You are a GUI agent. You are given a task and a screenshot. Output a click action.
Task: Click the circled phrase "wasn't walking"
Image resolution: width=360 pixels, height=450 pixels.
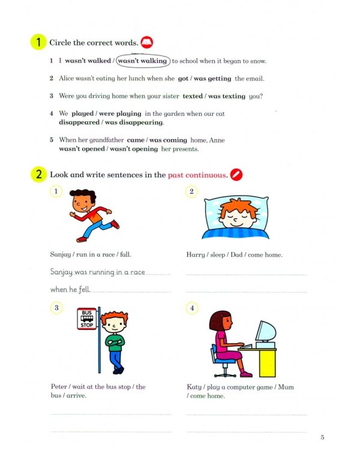[x=143, y=61]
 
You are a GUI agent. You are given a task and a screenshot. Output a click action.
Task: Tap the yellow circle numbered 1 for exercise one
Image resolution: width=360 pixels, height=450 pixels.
[x=38, y=43]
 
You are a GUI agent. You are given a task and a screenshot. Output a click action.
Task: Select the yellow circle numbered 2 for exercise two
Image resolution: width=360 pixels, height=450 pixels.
[x=38, y=175]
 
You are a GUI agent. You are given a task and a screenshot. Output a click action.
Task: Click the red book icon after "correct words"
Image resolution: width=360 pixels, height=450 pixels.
[x=146, y=43]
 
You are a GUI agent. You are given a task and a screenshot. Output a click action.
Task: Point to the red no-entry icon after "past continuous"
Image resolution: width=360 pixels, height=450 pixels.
[x=236, y=175]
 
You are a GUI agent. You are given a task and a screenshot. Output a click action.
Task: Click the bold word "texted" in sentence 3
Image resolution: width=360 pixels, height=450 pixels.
[x=193, y=96]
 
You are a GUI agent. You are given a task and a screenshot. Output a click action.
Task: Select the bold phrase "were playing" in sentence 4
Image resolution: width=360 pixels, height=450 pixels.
[x=120, y=113]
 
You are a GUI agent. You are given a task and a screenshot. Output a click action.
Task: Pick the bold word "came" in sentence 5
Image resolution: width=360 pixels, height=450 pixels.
[x=136, y=140]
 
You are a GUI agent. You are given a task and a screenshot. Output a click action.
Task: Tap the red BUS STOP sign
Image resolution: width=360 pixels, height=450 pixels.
[x=86, y=319]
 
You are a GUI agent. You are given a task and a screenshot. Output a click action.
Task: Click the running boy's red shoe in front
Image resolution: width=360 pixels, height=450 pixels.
[x=115, y=224]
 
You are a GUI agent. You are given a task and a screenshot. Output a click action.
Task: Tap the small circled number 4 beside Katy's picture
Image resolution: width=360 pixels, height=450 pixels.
[x=192, y=308]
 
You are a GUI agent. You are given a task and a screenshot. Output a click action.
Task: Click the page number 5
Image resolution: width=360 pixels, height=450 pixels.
[x=322, y=437]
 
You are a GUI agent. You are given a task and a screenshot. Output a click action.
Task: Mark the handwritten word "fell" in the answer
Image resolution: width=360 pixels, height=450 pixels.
[x=83, y=290]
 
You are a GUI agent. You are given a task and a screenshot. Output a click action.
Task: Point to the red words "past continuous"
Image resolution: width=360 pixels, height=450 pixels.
[x=197, y=175]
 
